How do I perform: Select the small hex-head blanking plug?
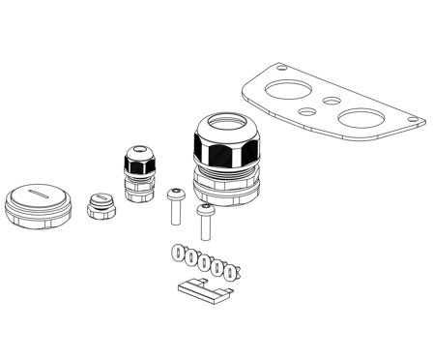pyautogui.click(x=99, y=205)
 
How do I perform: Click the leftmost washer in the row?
pyautogui.click(x=177, y=252)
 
